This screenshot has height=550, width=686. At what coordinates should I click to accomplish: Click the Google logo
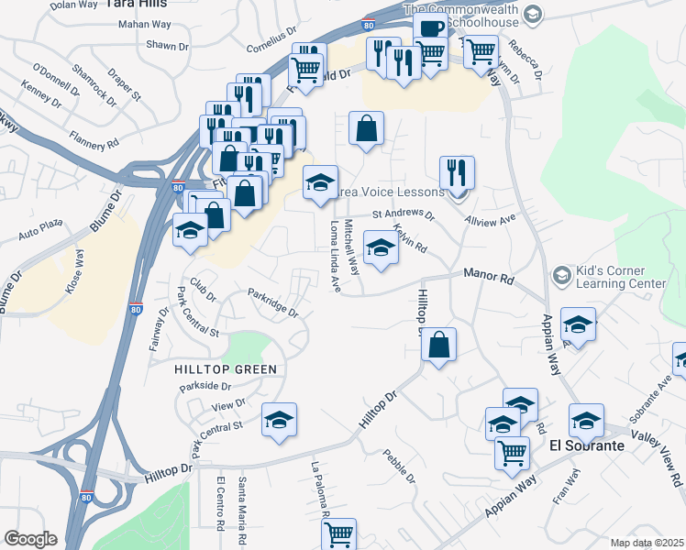coord(31,538)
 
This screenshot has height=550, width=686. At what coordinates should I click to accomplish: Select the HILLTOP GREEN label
coord(225,368)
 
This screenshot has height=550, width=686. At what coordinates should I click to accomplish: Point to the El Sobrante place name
coord(587,445)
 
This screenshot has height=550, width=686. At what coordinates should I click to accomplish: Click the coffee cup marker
coord(429,27)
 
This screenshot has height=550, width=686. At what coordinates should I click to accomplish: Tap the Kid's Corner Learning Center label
coord(620,277)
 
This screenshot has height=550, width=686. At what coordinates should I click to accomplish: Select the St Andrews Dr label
coord(403,215)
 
